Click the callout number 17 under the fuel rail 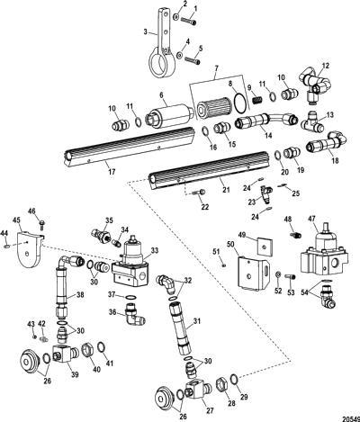click(112, 172)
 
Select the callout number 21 click(226, 190)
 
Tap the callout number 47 click(312, 219)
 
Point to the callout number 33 click(154, 250)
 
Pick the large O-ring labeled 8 click(240, 103)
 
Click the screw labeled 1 click(189, 21)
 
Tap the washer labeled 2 click(176, 16)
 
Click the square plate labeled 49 click(265, 247)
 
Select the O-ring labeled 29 click(234, 379)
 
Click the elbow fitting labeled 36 click(134, 315)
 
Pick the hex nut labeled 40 click(88, 349)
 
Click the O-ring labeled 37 click(130, 297)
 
